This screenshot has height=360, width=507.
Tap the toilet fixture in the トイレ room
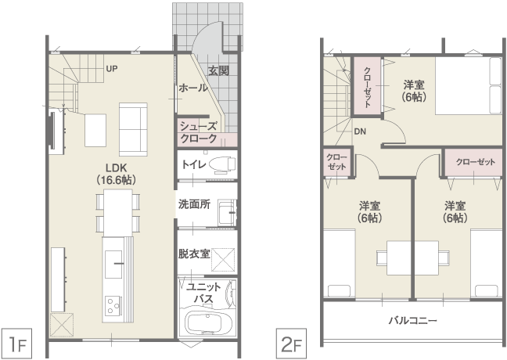pyautogui.click(x=222, y=164)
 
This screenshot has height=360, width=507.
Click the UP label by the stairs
pyautogui.click(x=112, y=69)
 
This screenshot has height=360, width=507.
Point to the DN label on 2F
pyautogui.click(x=360, y=131)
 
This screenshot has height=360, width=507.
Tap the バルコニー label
pyautogui.click(x=413, y=321)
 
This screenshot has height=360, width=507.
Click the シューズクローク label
pyautogui.click(x=198, y=132)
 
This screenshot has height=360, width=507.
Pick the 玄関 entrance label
pyautogui.click(x=219, y=71)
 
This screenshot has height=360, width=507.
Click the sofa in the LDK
pyautogui.click(x=133, y=129)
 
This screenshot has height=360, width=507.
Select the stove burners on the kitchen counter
pyautogui.click(x=113, y=306)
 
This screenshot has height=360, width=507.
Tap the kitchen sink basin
pyautogui.click(x=113, y=264)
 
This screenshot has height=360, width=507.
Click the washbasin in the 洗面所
pyautogui.click(x=227, y=213)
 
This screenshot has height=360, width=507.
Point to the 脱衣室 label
pyautogui.click(x=194, y=254)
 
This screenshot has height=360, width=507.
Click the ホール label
pyautogui.click(x=193, y=88)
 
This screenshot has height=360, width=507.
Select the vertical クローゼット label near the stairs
pyautogui.click(x=368, y=87)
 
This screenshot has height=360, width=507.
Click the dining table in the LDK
pyautogui.click(x=118, y=213)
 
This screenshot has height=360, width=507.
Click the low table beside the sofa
pyautogui.click(x=95, y=130)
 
